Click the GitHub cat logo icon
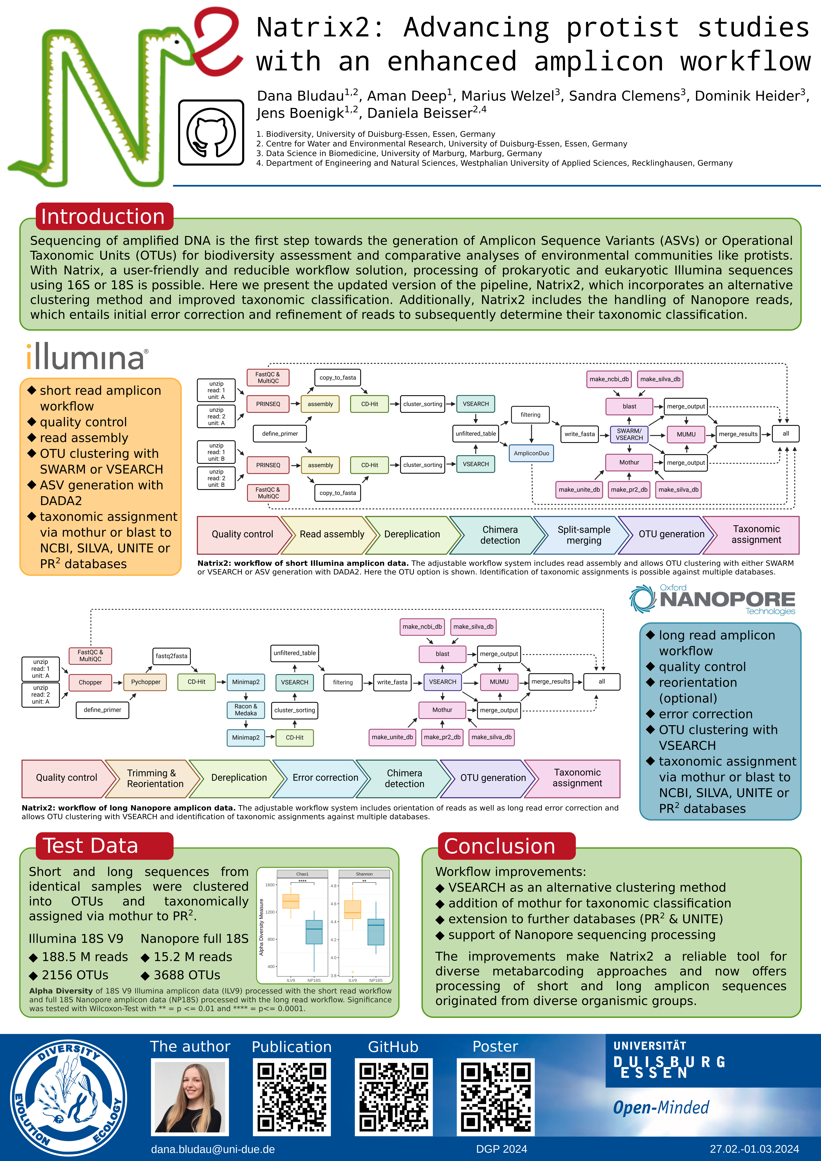tap(211, 132)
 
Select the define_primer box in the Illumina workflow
tap(279, 433)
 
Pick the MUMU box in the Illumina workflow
tap(686, 434)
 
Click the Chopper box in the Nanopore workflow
tap(90, 682)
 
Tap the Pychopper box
tap(146, 682)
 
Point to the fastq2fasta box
tap(171, 656)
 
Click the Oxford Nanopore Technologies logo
tap(713, 600)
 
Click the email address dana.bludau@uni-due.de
tap(213, 1149)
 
